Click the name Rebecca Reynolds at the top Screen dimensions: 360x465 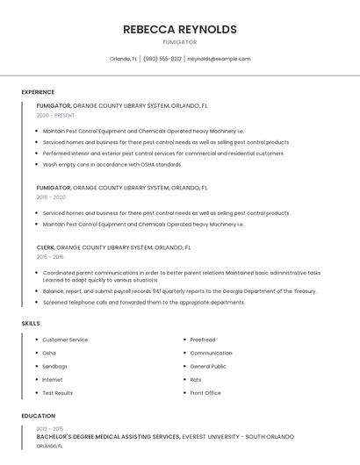[179, 29]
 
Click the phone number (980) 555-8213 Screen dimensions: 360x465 [162, 59]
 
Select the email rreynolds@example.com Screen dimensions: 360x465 [219, 59]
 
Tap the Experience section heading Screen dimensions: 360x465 [38, 92]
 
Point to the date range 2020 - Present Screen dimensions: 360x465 [55, 115]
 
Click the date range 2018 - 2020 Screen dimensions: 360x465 [51, 197]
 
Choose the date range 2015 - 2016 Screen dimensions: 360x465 [50, 257]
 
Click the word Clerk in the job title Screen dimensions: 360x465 [46, 247]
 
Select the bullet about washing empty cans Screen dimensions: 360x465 [112, 164]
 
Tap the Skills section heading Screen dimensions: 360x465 [31, 324]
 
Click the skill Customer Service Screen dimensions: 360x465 [65, 340]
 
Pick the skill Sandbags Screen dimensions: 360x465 [54, 366]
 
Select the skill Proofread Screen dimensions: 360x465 [203, 340]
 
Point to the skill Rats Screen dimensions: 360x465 [196, 379]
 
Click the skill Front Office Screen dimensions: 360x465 [205, 392]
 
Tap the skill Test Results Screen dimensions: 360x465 [58, 392]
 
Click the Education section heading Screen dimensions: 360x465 [38, 416]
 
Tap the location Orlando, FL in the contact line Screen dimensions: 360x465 [123, 59]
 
